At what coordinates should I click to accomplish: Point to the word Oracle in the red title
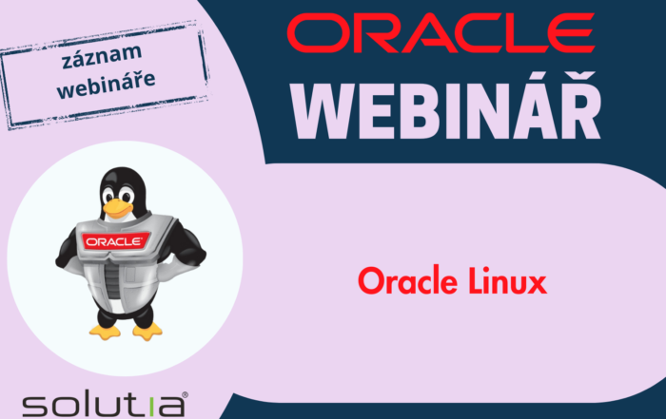click(x=405, y=282)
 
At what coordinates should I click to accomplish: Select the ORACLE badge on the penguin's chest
click(x=113, y=241)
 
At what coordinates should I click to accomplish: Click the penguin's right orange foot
click(x=146, y=330)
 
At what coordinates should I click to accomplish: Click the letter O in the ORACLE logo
click(x=313, y=35)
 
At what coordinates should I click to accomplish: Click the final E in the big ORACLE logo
click(x=577, y=35)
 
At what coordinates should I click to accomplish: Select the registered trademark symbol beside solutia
click(x=184, y=392)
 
